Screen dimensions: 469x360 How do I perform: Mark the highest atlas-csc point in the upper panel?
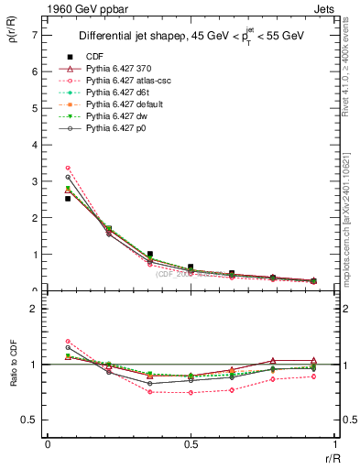68,168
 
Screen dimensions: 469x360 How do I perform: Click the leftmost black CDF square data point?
68,198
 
